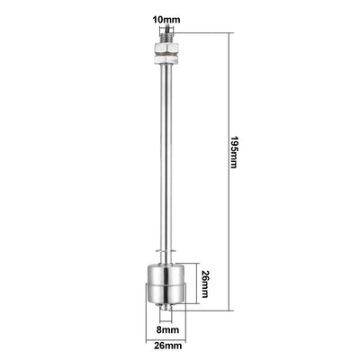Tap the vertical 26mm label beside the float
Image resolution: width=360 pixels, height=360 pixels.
pos(205,285)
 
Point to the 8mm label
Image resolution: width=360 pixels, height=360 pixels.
pos(166,330)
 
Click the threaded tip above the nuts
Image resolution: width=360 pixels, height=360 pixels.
pos(166,35)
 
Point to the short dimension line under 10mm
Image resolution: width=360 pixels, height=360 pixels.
pos(167,27)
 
